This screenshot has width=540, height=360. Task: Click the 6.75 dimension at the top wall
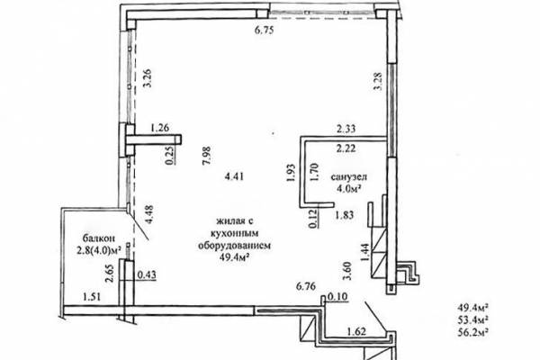point(264,31)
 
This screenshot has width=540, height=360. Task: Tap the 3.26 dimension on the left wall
point(148,79)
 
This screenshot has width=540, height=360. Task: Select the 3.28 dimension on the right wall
point(378,81)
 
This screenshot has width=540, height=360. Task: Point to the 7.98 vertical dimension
point(207,156)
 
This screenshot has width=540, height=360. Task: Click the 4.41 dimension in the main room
point(234,176)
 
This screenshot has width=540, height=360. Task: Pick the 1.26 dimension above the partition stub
point(160,128)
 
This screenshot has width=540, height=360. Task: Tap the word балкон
point(98,238)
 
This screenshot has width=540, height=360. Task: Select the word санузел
point(349,177)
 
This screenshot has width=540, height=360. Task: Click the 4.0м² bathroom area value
point(349,188)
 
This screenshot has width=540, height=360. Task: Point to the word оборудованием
point(234,246)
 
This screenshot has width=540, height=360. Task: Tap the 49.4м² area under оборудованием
point(234,257)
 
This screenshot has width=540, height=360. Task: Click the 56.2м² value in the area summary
point(473,331)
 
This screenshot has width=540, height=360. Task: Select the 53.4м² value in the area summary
point(473,319)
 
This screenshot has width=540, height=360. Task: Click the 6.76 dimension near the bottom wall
point(306,286)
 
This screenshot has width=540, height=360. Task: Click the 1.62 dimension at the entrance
point(356,332)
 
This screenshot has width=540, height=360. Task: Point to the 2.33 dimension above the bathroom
point(346,129)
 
